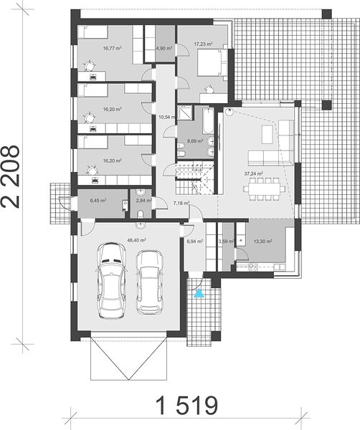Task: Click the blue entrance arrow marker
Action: click(x=199, y=294)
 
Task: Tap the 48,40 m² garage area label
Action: click(x=136, y=240)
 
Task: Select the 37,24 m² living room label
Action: click(x=254, y=173)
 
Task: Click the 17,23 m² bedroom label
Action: click(x=204, y=44)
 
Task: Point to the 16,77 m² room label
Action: click(x=112, y=48)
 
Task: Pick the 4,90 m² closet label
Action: click(x=164, y=48)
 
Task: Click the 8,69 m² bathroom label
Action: click(x=195, y=141)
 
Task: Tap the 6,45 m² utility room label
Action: click(x=98, y=201)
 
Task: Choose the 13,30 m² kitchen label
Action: click(x=263, y=242)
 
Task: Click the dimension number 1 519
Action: click(x=186, y=405)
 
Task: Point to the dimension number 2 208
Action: click(x=11, y=176)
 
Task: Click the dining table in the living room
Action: click(x=264, y=189)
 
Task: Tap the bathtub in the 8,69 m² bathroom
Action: click(x=208, y=120)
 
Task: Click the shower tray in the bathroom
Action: click(x=184, y=113)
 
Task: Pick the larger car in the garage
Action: click(x=112, y=280)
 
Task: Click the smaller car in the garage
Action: click(x=150, y=282)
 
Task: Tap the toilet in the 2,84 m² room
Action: click(x=141, y=214)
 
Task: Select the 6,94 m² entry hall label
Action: click(x=195, y=242)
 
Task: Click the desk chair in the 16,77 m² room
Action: click(x=89, y=66)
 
